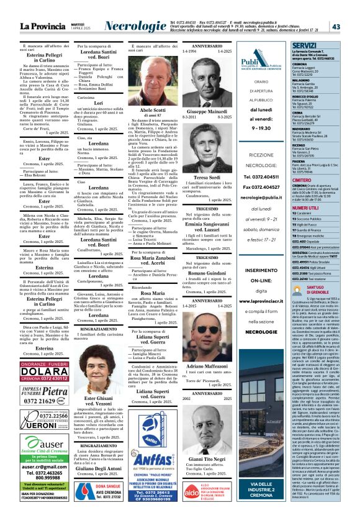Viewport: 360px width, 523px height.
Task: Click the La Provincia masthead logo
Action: pyautogui.click(x=43, y=26)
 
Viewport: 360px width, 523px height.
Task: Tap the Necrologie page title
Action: pyautogui.click(x=135, y=26)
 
